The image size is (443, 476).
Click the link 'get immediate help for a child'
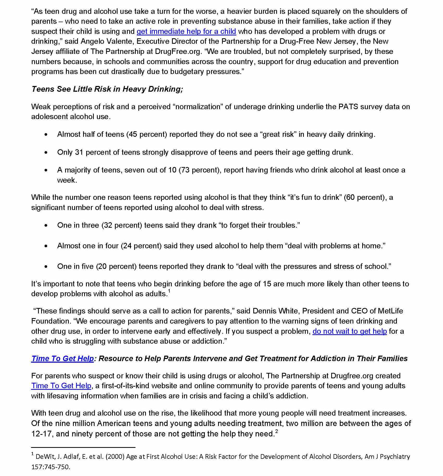tap(186, 32)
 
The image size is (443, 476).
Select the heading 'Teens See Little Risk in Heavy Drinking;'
tap(107, 89)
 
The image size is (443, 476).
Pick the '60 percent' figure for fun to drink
tap(364, 197)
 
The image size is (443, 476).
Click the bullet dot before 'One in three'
tap(46, 226)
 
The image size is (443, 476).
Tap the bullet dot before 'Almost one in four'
tap(46, 246)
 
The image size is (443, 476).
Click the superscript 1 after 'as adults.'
tap(169, 291)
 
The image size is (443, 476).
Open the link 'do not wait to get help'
tap(349, 331)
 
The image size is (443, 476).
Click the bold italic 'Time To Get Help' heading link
tap(63, 359)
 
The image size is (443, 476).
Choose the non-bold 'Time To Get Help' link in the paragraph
tap(61, 386)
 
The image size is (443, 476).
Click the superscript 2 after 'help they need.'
tap(276, 432)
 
